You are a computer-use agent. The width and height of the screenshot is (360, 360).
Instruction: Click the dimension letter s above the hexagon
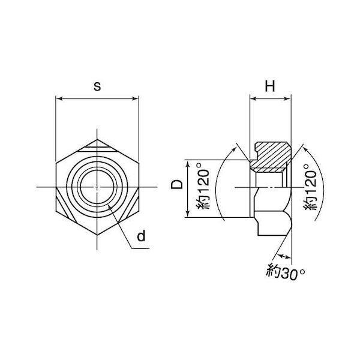[x=97, y=87]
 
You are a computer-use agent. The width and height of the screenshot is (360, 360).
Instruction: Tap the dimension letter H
[x=270, y=86]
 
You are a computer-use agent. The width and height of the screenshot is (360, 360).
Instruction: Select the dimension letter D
[x=177, y=184]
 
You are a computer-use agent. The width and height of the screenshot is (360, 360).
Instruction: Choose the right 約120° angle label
[x=310, y=187]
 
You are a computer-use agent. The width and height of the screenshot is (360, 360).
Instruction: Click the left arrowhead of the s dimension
[x=59, y=99]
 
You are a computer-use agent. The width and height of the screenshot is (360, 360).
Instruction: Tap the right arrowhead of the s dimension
[x=136, y=99]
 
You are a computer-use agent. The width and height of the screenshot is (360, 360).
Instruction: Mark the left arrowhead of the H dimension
[x=253, y=99]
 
